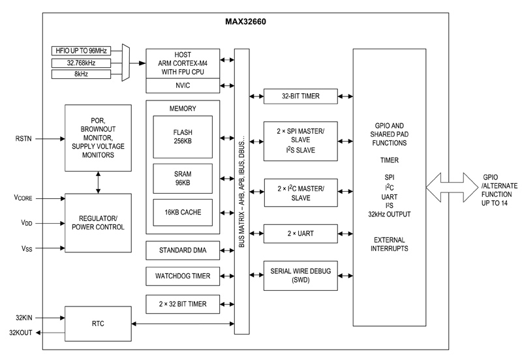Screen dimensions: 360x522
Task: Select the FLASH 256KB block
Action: point(182,138)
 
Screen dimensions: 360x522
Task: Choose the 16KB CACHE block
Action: point(182,213)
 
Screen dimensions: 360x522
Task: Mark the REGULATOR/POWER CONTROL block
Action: point(97,222)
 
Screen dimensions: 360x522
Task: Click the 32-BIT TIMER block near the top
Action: point(301,97)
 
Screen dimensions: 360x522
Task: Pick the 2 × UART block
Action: point(301,233)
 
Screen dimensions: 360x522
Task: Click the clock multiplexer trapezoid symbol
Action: point(126,63)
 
